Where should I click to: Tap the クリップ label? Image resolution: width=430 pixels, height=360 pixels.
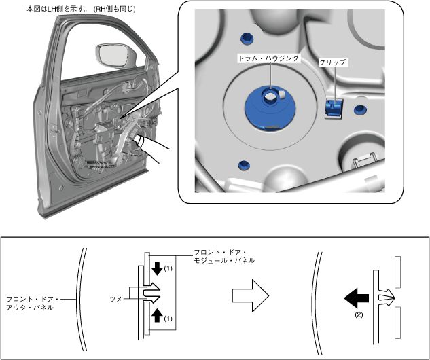332,62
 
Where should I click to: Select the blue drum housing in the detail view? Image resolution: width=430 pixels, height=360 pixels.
269,109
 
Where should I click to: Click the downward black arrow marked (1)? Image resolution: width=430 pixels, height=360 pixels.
158,268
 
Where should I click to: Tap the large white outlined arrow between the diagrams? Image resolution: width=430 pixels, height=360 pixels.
250,295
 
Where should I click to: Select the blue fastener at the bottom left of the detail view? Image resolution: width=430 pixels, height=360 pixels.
243,165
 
